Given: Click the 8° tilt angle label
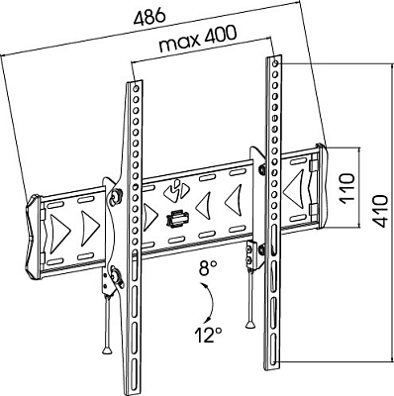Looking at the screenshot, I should click(x=206, y=266).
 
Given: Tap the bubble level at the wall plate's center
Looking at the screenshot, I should click(x=177, y=218).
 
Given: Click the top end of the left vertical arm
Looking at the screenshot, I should click(x=135, y=82).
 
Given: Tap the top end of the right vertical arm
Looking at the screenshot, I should click(x=275, y=60).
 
